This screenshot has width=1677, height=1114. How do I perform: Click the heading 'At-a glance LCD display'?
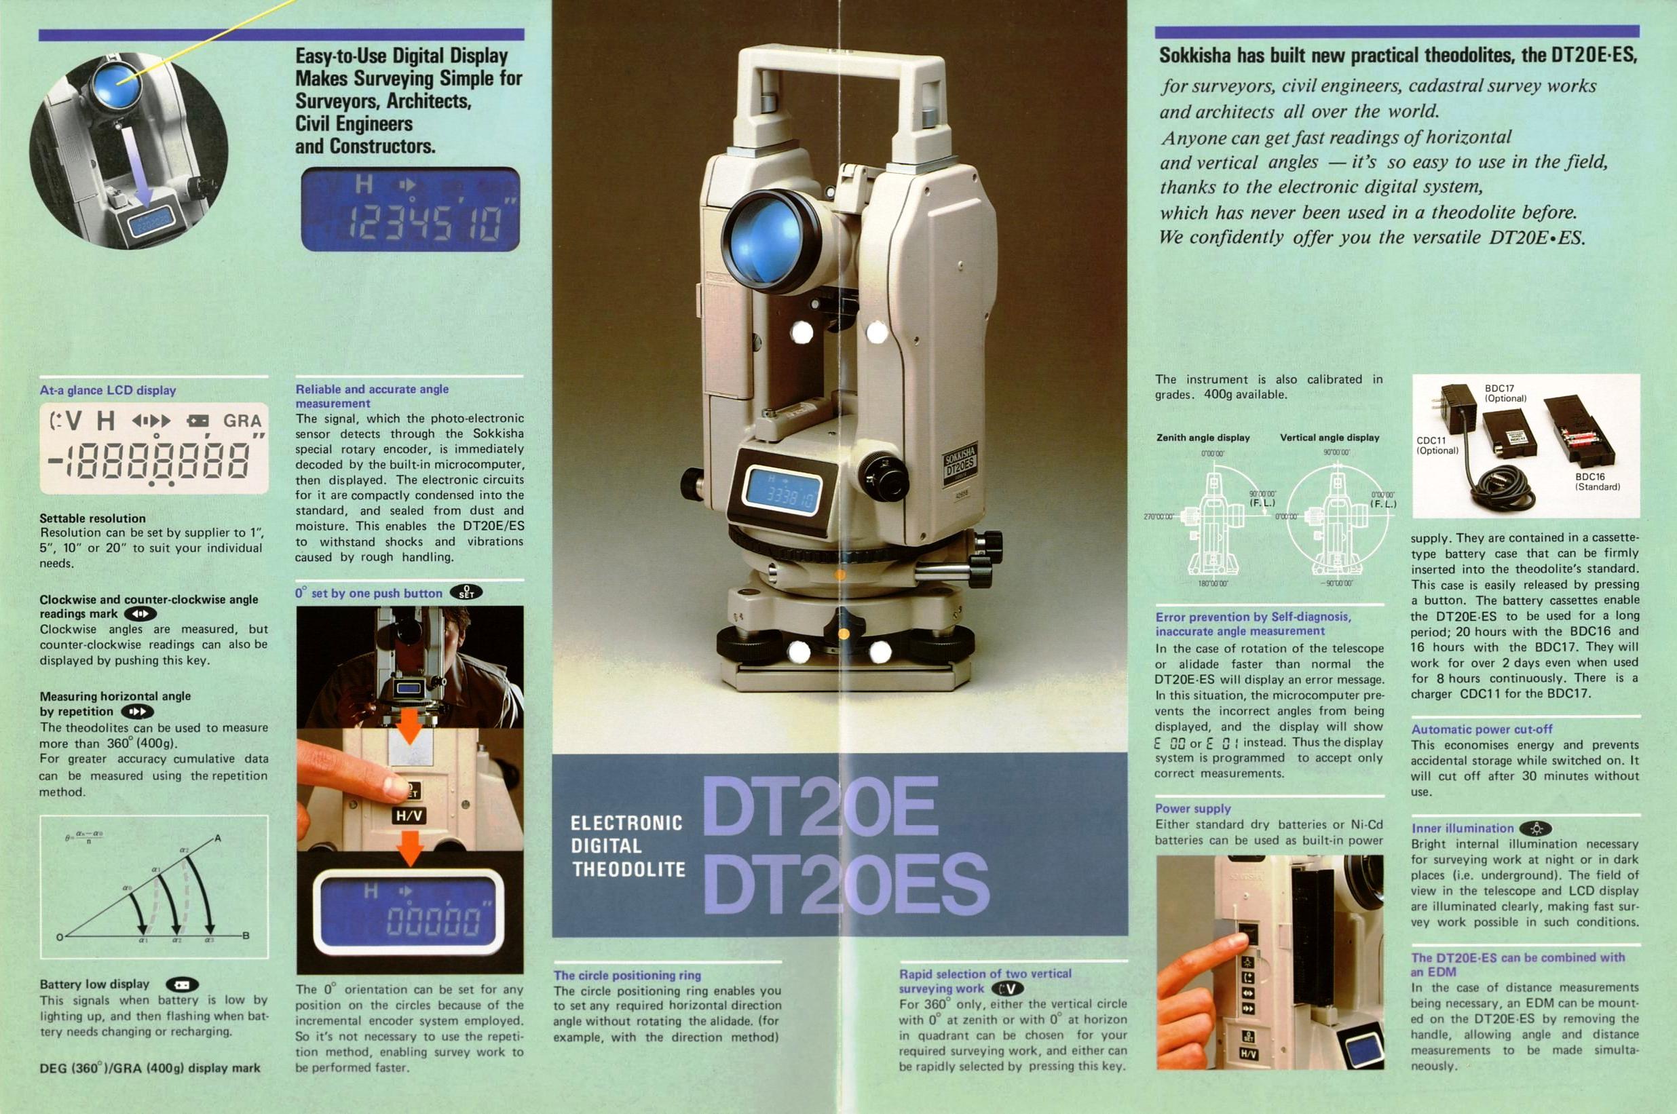pos(107,390)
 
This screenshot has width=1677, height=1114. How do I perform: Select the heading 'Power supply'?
pos(1192,809)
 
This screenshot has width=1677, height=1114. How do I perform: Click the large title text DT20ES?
pos(846,884)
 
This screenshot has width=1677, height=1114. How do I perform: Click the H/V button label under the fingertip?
pos(409,816)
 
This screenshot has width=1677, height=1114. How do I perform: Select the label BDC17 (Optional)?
pos(1505,393)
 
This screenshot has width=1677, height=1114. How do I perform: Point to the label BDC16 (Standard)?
pos(1598,482)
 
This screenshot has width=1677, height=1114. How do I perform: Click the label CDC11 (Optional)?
pos(1437,446)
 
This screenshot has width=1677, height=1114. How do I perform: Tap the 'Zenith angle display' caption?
pos(1203,438)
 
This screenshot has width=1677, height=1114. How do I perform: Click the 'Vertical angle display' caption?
pos(1330,438)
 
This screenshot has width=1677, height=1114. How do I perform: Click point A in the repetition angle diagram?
pos(217,839)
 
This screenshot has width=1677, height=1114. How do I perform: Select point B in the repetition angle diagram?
pos(246,936)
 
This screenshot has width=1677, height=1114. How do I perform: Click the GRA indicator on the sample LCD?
pos(242,421)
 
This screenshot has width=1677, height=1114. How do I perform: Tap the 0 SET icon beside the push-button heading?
pos(466,592)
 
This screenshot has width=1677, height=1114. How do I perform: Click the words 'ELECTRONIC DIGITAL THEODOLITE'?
pos(628,846)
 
